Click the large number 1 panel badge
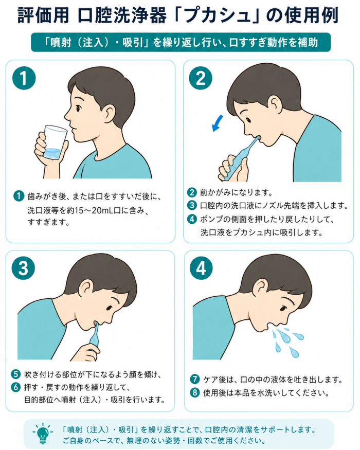[x=24, y=78]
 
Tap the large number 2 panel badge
[x=201, y=78]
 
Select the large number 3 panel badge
[x=23, y=268]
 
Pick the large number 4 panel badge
[x=201, y=268]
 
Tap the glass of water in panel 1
[x=55, y=142]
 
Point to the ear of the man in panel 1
[x=110, y=112]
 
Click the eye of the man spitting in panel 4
[x=283, y=309]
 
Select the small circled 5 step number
[x=16, y=374]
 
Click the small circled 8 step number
[x=195, y=392]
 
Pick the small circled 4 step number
[x=192, y=219]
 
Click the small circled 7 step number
[x=195, y=379]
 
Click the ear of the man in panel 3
[x=86, y=289]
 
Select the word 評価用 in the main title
[x=43, y=15]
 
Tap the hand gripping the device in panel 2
[x=232, y=169]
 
